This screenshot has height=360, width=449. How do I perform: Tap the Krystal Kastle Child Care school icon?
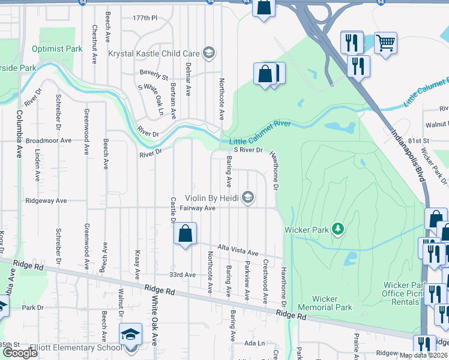pos(209,53)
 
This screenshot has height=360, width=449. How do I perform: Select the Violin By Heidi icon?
pos(247,197)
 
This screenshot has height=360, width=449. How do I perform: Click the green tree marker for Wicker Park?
pos(339,229)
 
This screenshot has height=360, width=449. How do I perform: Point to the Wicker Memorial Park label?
pos(333,303)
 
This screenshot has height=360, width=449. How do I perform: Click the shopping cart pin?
pos(385,43)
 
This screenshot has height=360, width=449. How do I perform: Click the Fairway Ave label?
pos(201,208)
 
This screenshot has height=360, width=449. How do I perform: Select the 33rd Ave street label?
pos(182,275)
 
